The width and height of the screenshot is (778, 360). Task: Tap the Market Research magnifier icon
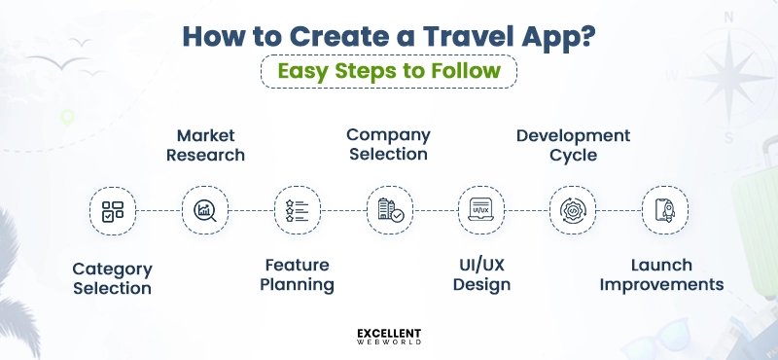click(204, 209)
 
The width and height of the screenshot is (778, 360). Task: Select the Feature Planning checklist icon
click(296, 209)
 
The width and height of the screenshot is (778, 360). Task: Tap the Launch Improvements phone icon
click(664, 209)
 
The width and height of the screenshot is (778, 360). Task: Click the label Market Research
click(205, 144)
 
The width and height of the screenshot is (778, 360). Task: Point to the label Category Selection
click(112, 277)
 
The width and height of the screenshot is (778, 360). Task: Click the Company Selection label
click(388, 144)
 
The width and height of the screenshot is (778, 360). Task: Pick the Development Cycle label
click(573, 144)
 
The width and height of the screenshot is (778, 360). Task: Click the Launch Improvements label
click(661, 274)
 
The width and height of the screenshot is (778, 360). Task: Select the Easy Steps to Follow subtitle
click(388, 71)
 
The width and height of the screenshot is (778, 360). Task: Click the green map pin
click(66, 119)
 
